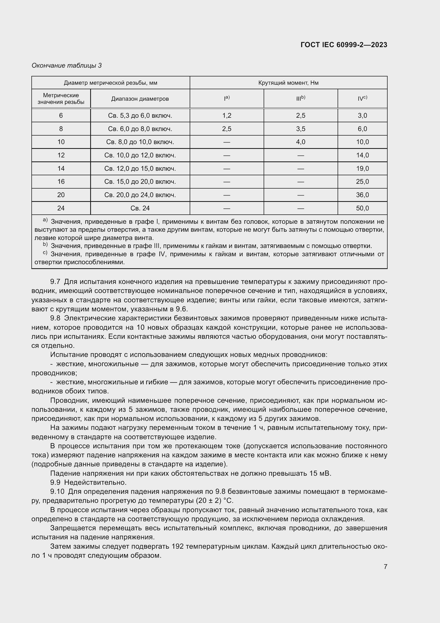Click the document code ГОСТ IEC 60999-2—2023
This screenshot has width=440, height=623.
pyautogui.click(x=343, y=45)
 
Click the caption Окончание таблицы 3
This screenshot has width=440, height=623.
pyautogui.click(x=67, y=66)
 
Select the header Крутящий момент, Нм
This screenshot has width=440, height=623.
pyautogui.click(x=288, y=83)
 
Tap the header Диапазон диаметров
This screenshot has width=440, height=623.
pyautogui.click(x=140, y=99)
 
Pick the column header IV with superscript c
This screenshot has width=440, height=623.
pyautogui.click(x=362, y=99)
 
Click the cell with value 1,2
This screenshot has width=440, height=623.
pyautogui.click(x=226, y=116)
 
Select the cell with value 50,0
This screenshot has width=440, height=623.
pyautogui.click(x=362, y=208)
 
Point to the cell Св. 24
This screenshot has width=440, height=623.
pyautogui.click(x=140, y=208)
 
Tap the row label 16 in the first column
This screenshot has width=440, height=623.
pyautogui.click(x=61, y=182)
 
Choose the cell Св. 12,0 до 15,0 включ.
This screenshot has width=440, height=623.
pyautogui.click(x=140, y=169)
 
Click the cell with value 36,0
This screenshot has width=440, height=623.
pyautogui.click(x=362, y=195)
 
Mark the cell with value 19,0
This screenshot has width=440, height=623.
pyautogui.click(x=362, y=169)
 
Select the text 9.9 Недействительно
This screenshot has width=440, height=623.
pyautogui.click(x=88, y=482)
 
